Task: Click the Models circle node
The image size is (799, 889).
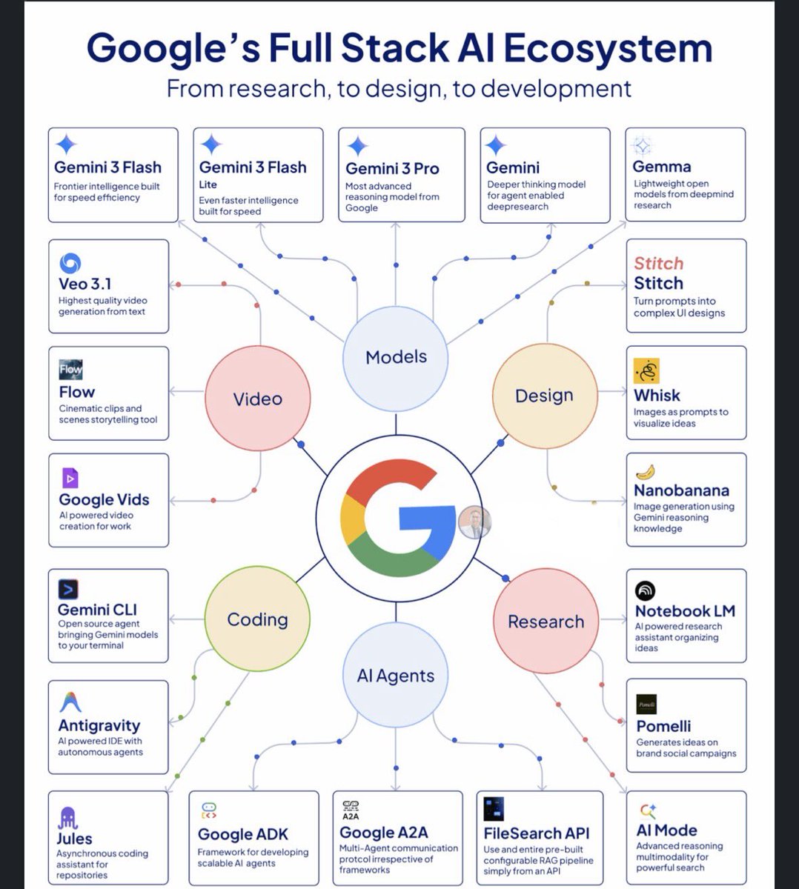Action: click(396, 357)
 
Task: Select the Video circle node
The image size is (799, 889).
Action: click(257, 399)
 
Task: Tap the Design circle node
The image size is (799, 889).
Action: click(544, 396)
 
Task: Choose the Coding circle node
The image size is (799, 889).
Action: click(257, 619)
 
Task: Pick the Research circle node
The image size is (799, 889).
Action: click(546, 622)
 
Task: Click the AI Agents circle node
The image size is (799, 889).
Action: click(396, 676)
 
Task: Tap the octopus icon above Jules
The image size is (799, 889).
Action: click(68, 817)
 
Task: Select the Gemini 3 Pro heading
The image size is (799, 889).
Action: click(392, 168)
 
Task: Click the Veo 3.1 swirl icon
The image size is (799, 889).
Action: click(70, 263)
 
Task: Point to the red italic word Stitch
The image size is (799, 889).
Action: click(658, 263)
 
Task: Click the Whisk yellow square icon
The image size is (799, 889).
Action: click(646, 371)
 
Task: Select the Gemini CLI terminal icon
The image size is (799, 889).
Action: click(68, 590)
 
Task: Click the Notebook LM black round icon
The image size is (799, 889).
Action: click(646, 590)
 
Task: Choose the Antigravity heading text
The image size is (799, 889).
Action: click(99, 725)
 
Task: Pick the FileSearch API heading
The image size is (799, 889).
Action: click(537, 833)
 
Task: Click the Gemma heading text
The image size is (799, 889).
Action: click(661, 167)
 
